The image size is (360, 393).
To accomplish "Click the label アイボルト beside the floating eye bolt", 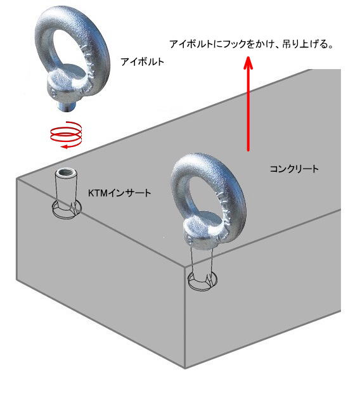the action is [142, 61].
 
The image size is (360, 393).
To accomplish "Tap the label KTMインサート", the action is [119, 193].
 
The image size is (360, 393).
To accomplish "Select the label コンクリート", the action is [294, 169].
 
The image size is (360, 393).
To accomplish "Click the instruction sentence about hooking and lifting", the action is [252, 44].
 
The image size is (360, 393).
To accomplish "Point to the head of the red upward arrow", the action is [248, 63].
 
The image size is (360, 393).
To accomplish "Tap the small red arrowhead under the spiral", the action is [65, 146].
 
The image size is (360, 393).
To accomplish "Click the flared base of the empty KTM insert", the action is [67, 209].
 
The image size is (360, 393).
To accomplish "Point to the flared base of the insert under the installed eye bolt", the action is [203, 281].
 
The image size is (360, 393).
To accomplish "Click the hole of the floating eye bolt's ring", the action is [67, 50].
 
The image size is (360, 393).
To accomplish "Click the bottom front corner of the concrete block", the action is [185, 368].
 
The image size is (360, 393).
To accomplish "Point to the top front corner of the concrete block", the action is [185, 267].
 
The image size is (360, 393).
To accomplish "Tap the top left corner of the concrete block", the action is [17, 179].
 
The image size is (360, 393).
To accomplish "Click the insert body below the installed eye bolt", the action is [202, 261].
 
